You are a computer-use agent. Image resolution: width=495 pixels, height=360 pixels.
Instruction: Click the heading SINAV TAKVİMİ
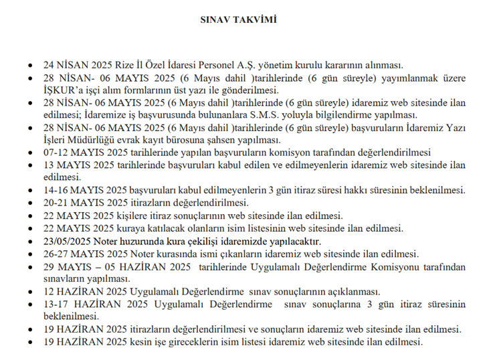click(x=248, y=20)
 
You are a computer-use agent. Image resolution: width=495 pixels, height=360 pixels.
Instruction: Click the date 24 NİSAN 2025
click(x=79, y=66)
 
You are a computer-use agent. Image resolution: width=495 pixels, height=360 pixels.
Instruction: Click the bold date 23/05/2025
click(x=69, y=241)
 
